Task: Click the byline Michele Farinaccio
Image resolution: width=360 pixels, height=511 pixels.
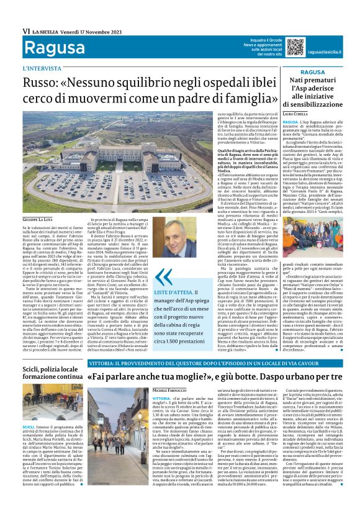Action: click(x=168, y=387)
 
